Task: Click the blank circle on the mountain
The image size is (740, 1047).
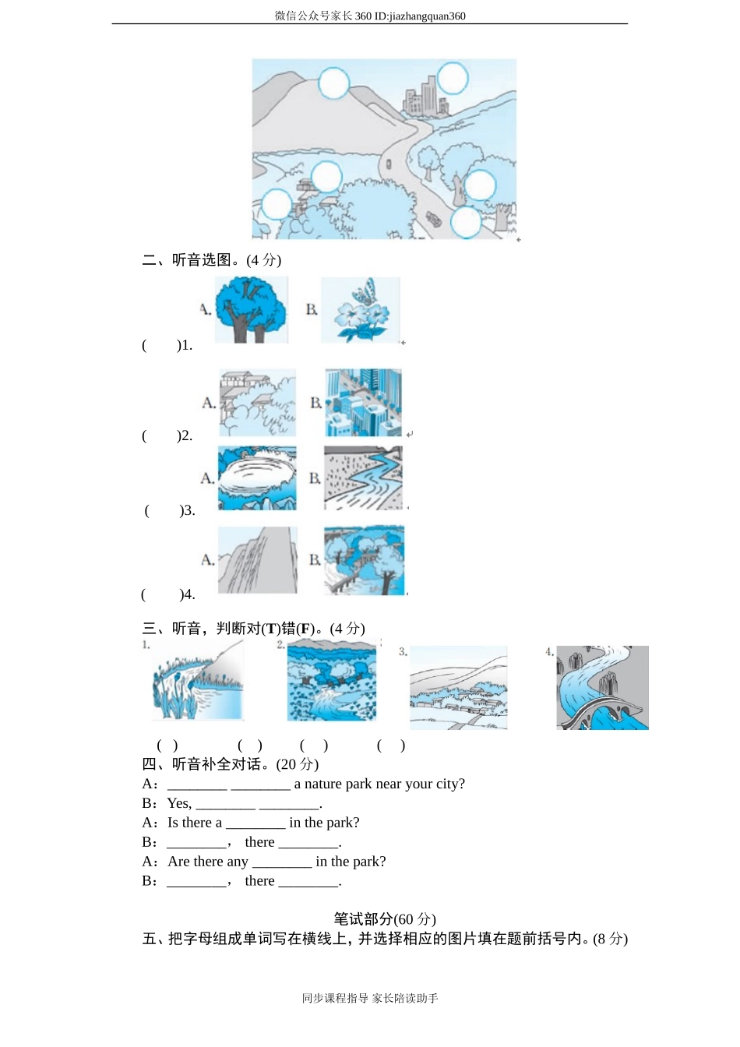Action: click(x=334, y=83)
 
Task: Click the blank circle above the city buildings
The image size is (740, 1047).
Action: click(x=453, y=79)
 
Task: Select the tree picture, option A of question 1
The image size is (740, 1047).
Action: click(x=251, y=310)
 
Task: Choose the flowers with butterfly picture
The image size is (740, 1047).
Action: click(x=361, y=310)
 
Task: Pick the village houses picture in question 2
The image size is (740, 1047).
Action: click(x=258, y=403)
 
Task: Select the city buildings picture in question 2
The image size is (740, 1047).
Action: click(x=364, y=403)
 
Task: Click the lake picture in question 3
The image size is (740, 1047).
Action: click(x=257, y=478)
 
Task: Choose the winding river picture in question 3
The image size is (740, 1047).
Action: click(x=364, y=478)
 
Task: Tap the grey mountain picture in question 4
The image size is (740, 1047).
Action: click(x=258, y=560)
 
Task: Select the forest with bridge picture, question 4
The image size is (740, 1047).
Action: click(x=365, y=560)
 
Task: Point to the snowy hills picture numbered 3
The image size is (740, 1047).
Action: click(x=459, y=688)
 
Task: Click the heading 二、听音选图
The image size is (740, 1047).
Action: click(x=211, y=260)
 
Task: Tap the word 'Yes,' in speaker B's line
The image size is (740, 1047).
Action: click(x=179, y=803)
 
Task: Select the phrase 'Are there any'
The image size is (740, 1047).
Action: click(x=208, y=862)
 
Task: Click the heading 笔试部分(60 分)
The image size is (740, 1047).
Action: click(x=385, y=919)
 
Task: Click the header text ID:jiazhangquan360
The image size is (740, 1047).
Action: click(x=421, y=16)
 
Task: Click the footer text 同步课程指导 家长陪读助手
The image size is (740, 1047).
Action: click(x=370, y=998)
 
